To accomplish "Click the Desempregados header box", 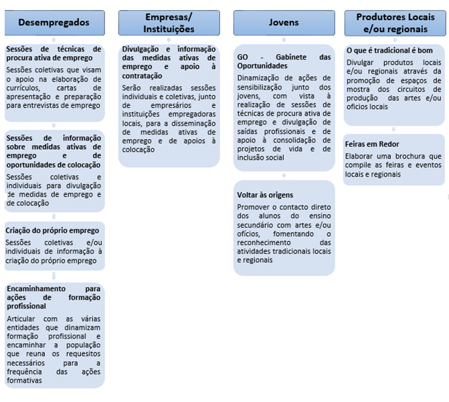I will (54, 23).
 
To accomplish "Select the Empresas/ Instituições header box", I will (169, 23).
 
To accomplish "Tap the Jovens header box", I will (284, 23).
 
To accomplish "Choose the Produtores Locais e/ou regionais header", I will (395, 23).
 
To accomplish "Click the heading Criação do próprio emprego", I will (52, 231).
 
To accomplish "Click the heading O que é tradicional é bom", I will (389, 51).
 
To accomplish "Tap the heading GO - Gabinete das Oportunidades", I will (284, 62).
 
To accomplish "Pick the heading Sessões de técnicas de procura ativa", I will (54, 54).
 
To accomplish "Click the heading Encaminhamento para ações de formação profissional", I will (54, 296).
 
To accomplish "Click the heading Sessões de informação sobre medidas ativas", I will (54, 151).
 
